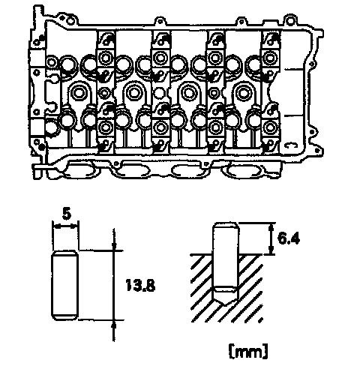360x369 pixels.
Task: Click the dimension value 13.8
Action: (x=140, y=285)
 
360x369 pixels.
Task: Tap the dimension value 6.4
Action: (x=288, y=238)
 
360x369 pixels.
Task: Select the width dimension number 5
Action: (x=66, y=214)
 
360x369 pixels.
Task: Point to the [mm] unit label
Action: (x=248, y=352)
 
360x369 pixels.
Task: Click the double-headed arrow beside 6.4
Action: (x=271, y=238)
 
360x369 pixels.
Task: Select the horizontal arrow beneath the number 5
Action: (x=66, y=226)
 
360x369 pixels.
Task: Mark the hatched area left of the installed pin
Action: (x=202, y=287)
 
